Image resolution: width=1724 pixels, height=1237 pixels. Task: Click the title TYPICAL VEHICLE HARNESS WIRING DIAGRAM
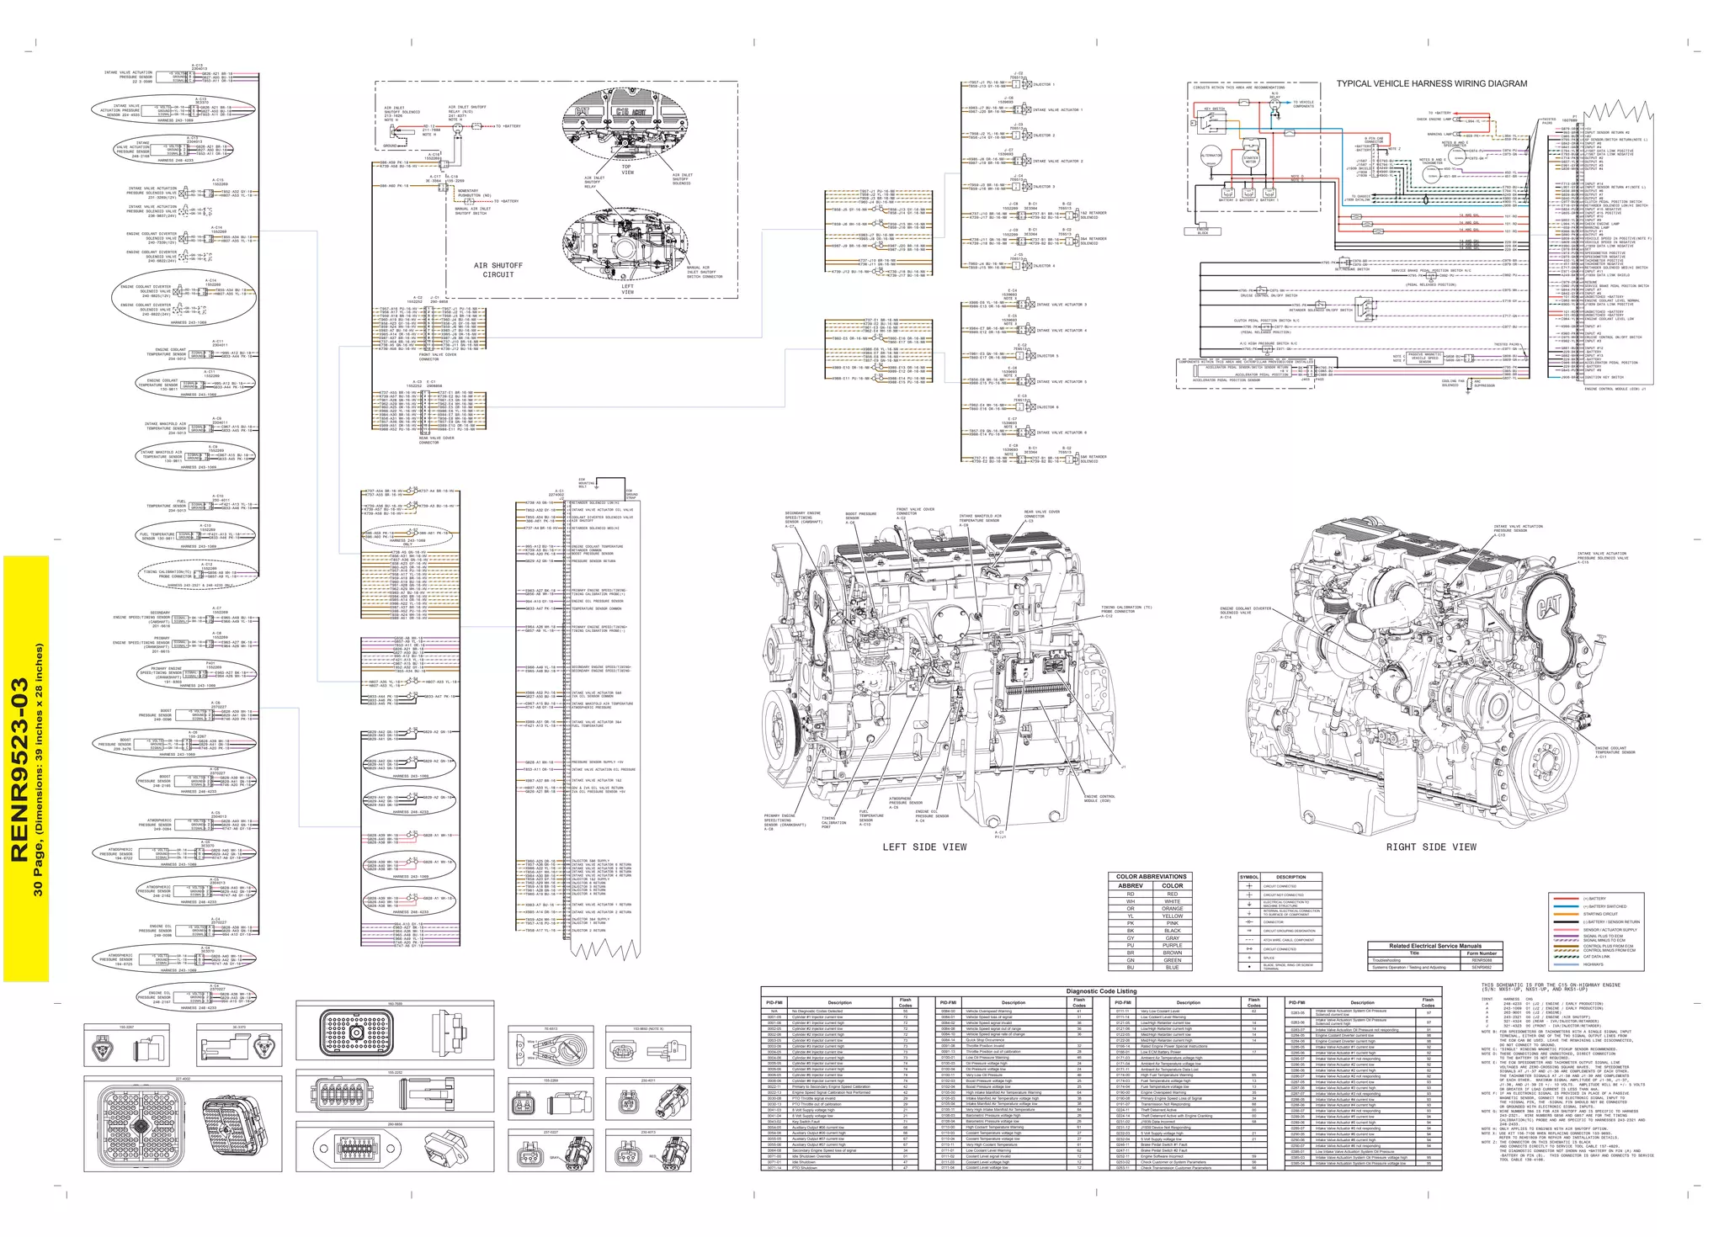click(x=1431, y=83)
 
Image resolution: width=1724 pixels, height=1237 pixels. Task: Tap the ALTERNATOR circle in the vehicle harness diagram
click(x=1211, y=156)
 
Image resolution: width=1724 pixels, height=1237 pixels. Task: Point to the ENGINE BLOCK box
click(x=1202, y=231)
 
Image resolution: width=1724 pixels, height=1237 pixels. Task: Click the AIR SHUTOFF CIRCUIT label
click(x=498, y=270)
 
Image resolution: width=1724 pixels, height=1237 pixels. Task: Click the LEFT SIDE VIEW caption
click(x=924, y=847)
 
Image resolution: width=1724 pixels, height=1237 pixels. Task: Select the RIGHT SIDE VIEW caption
click(x=1431, y=847)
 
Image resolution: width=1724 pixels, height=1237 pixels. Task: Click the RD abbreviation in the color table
click(x=1131, y=895)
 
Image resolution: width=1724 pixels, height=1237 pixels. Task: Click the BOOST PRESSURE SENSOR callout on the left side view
click(x=860, y=516)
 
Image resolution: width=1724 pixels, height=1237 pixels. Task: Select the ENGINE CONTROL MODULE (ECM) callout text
click(x=1099, y=798)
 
